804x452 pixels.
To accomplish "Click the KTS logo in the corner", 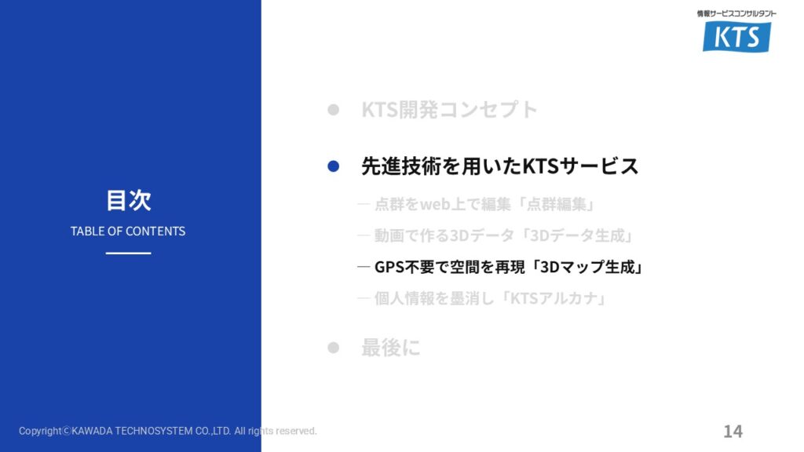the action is pyautogui.click(x=736, y=36).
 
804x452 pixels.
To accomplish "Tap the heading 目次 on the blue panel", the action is pyautogui.click(x=128, y=200).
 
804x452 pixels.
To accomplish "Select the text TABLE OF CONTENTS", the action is pyautogui.click(x=128, y=231).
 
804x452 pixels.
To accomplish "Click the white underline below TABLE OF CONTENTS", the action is pyautogui.click(x=128, y=253).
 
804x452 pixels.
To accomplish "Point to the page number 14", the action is pyautogui.click(x=733, y=431).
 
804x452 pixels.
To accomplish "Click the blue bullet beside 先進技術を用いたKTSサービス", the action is pyautogui.click(x=333, y=166).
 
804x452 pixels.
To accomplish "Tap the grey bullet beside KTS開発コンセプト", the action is pyautogui.click(x=333, y=109).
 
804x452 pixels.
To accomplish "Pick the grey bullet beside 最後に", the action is pyautogui.click(x=333, y=348).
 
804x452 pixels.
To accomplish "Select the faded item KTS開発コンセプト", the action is pyautogui.click(x=450, y=109).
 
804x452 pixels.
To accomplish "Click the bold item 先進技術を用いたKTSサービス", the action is pyautogui.click(x=500, y=166).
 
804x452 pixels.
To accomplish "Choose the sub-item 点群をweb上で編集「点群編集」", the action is pyautogui.click(x=484, y=205).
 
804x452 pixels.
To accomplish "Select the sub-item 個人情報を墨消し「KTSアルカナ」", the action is pyautogui.click(x=491, y=298).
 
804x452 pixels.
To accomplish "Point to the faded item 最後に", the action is pyautogui.click(x=391, y=348).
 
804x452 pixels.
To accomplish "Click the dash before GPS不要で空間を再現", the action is pyautogui.click(x=364, y=267).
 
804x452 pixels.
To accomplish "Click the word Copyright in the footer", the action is pyautogui.click(x=40, y=431).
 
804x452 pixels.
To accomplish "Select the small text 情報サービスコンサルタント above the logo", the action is pyautogui.click(x=736, y=14).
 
